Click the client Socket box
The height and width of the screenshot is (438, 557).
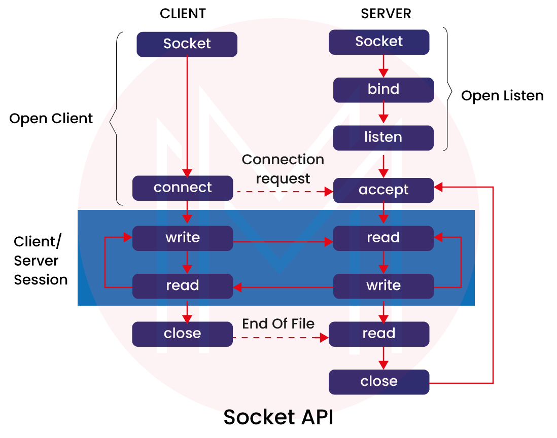click(x=187, y=44)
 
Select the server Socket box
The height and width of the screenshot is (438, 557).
click(x=379, y=42)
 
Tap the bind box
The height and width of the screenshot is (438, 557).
click(x=384, y=90)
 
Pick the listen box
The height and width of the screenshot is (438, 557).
click(x=384, y=137)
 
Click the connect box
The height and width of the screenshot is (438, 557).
click(x=183, y=188)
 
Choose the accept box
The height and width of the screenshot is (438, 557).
click(x=384, y=190)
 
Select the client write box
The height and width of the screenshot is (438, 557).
click(x=183, y=238)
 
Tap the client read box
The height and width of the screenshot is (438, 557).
click(x=183, y=286)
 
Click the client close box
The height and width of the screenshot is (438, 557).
click(x=183, y=334)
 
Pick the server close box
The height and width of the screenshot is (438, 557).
click(x=379, y=382)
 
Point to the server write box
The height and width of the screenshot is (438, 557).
click(x=384, y=286)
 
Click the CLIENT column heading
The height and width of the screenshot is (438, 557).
click(x=183, y=14)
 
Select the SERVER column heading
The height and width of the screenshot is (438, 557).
click(x=386, y=14)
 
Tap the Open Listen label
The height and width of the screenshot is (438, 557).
click(x=502, y=96)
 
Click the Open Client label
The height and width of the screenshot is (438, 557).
click(x=51, y=119)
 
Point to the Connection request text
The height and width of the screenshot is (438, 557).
click(x=283, y=169)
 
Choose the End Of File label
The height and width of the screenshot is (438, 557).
click(x=278, y=324)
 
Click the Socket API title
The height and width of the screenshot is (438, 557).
click(x=278, y=417)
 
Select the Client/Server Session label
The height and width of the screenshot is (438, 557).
click(x=41, y=261)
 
